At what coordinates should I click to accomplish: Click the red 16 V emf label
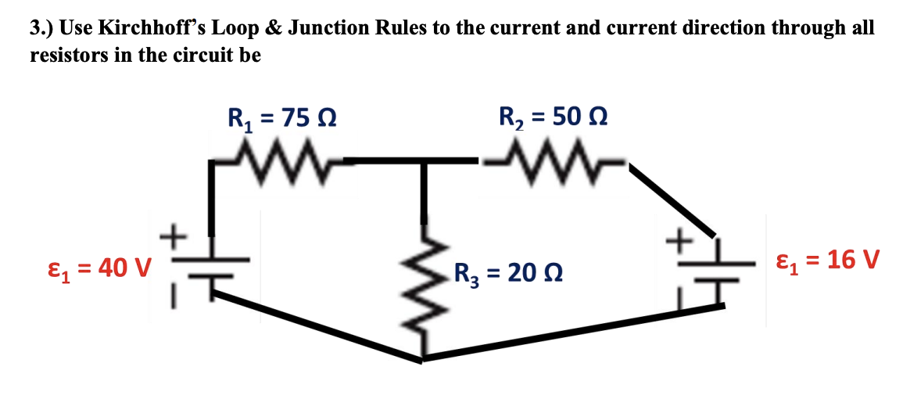click(828, 259)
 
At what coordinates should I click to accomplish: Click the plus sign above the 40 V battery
click(174, 233)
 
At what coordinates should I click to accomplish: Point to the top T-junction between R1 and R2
click(423, 162)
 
